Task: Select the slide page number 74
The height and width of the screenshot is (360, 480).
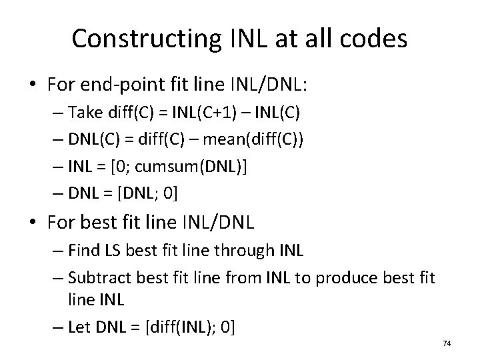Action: (447, 343)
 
